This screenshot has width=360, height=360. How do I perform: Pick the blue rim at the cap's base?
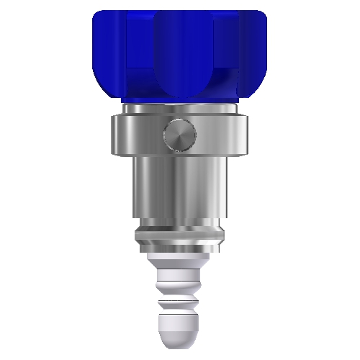pos(180,99)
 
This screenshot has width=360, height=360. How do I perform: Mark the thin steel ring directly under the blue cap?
pos(180,109)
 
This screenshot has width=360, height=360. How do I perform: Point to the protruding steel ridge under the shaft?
pos(180,234)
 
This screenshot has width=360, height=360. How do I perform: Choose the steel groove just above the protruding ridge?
pos(180,225)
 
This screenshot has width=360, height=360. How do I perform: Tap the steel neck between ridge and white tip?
pos(180,246)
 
